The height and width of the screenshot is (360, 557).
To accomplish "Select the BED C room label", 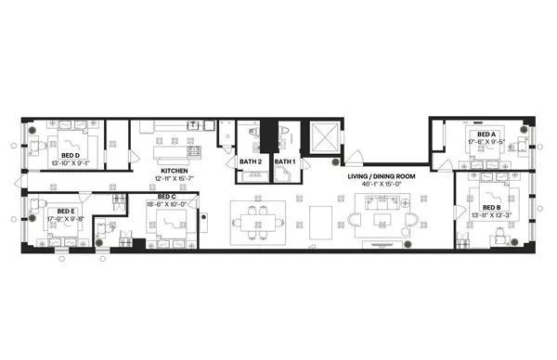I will click(167, 197).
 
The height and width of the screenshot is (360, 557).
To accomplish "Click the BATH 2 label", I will click(251, 162).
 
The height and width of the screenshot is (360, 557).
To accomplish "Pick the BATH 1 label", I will click(284, 162).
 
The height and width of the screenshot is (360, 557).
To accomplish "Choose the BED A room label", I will click(486, 135).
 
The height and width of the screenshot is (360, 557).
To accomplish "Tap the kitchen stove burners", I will click(195, 149).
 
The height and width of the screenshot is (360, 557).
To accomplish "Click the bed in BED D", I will click(45, 146).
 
